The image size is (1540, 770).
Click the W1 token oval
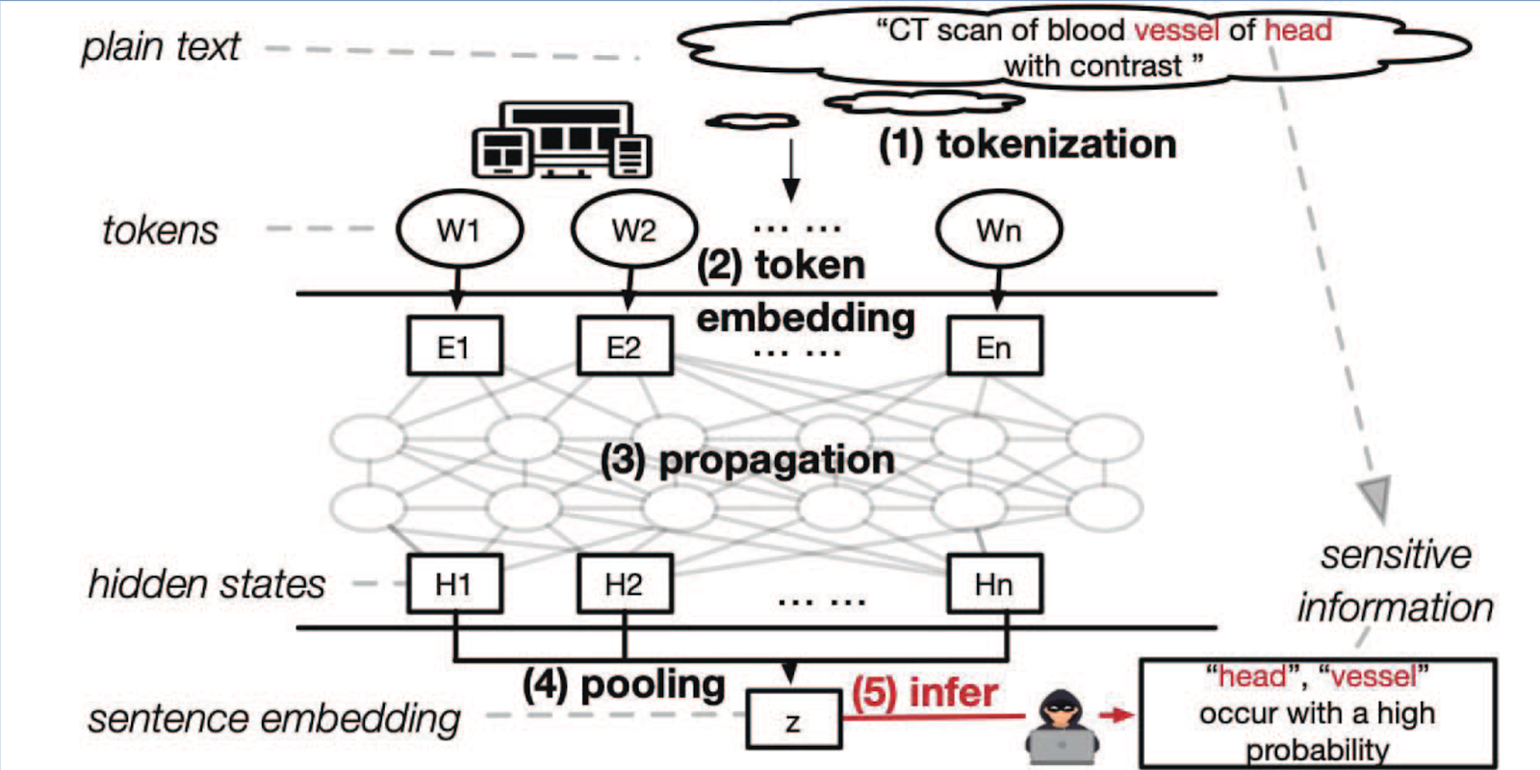click(x=459, y=231)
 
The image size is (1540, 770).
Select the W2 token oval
click(x=633, y=231)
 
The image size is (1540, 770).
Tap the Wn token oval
click(x=998, y=231)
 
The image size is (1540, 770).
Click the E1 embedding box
click(x=454, y=346)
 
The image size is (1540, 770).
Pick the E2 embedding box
click(x=624, y=346)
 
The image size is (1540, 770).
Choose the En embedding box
click(x=994, y=346)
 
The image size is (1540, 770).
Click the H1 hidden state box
click(x=454, y=584)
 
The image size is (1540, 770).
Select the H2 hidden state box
click(x=624, y=584)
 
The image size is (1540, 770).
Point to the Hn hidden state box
click(x=994, y=584)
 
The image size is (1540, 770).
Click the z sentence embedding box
click(x=793, y=721)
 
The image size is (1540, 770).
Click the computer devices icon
click(x=562, y=141)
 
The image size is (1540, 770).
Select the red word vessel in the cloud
click(x=1176, y=31)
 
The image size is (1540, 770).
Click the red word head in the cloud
click(x=1297, y=31)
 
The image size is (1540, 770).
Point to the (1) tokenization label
click(x=1027, y=144)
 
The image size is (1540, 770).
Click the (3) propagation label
click(x=747, y=460)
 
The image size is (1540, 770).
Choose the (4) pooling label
click(x=624, y=685)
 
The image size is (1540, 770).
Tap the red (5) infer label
click(x=924, y=693)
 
